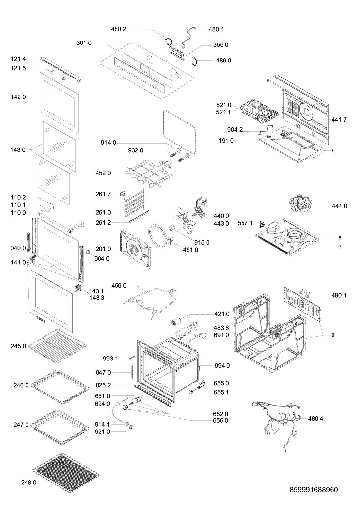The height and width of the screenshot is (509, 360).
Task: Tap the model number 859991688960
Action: pos(314,490)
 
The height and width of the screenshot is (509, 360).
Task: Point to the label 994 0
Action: pos(222,366)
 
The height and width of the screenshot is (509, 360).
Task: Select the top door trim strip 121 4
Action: pos(61,69)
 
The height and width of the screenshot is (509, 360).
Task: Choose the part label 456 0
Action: pos(119,286)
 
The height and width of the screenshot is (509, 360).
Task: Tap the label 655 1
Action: pos(221,392)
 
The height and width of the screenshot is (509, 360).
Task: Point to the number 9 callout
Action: pos(333,335)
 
